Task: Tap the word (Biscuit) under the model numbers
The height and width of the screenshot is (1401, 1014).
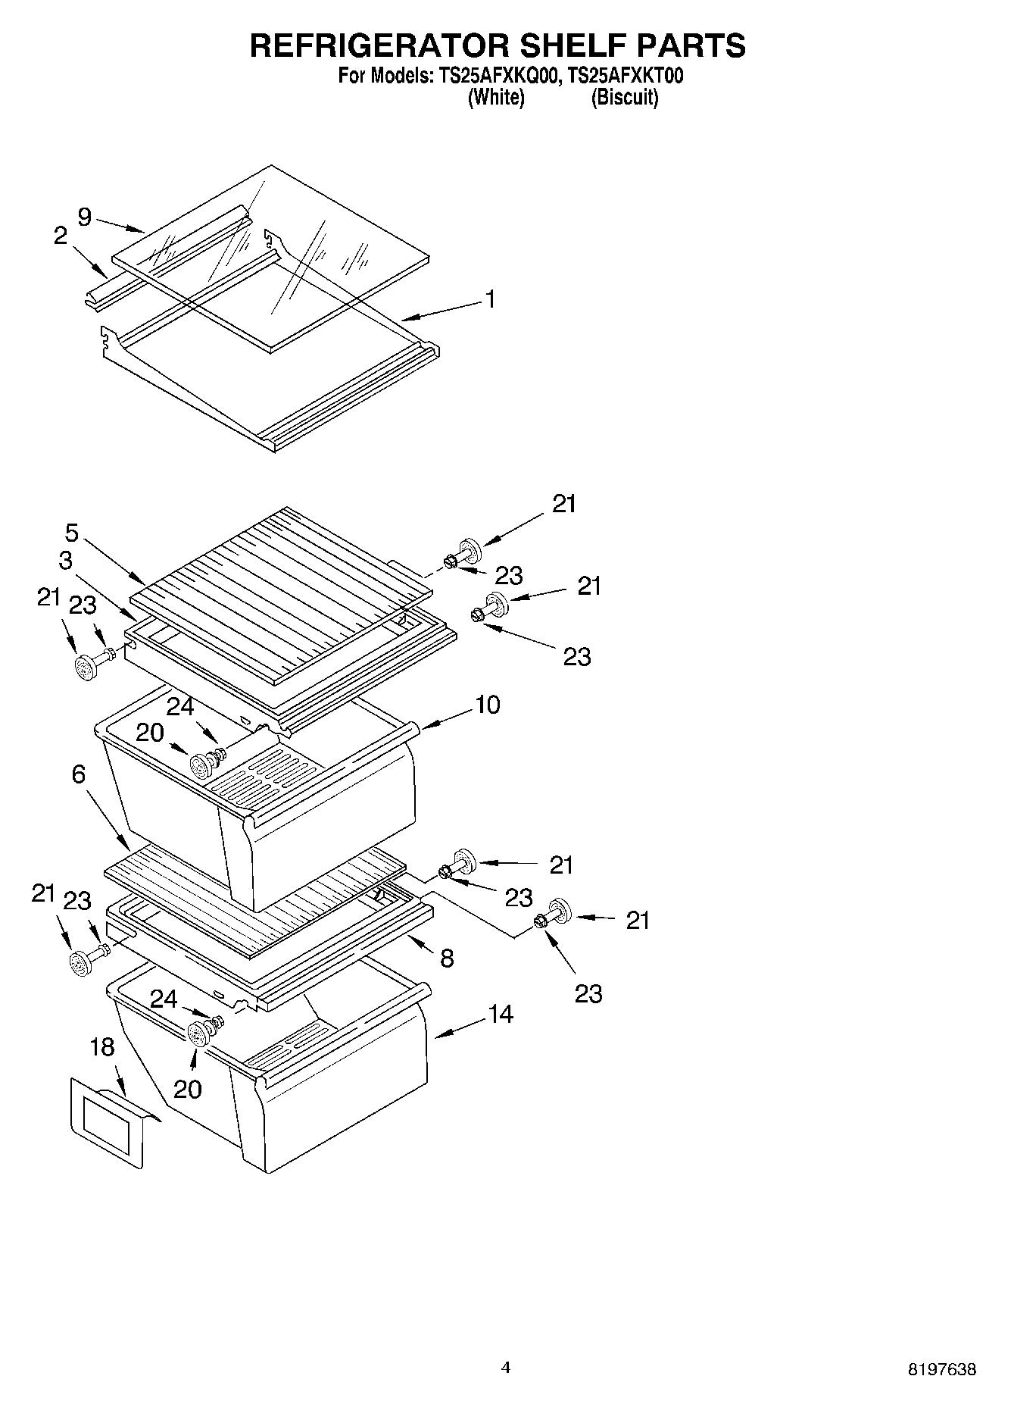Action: [624, 97]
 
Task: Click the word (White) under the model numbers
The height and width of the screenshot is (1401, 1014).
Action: [496, 97]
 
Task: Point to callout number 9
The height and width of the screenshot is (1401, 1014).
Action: [84, 217]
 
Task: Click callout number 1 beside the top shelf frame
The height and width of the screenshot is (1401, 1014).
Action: [491, 299]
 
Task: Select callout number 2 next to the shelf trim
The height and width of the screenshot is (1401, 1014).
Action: [61, 236]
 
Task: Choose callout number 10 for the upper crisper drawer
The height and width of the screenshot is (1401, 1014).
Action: [487, 705]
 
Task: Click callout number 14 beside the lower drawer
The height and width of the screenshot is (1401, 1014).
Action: [501, 1014]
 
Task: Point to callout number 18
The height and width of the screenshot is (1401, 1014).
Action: [101, 1047]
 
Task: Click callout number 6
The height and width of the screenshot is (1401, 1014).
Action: [79, 774]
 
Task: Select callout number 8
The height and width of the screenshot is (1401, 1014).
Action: [447, 958]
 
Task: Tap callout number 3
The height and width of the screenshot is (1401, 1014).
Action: [65, 561]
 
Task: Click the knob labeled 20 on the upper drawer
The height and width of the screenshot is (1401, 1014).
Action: [201, 766]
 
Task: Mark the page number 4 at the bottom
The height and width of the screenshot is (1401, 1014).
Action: [506, 1367]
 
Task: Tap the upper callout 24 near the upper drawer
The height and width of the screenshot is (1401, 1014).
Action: [180, 706]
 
